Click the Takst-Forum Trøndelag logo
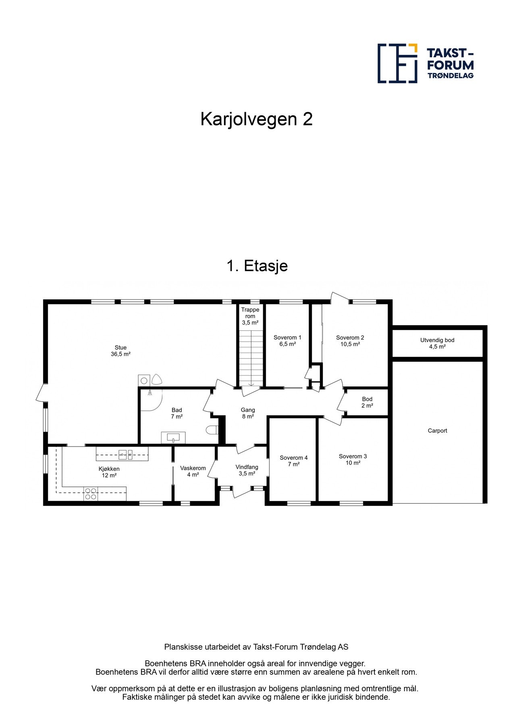coord(426,63)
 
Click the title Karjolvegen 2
coord(256,119)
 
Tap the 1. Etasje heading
coord(257,266)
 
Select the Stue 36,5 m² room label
coord(120,350)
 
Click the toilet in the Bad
coord(212,430)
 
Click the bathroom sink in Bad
coord(173,437)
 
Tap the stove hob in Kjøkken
coord(91,494)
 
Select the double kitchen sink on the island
coord(125,454)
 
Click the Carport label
coord(437,430)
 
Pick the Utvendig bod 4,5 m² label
coord(437,343)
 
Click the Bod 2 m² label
coord(367,402)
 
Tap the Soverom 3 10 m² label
coord(353,459)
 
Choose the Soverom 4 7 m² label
coord(293,461)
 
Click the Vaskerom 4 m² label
coord(193,471)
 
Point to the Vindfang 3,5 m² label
coord(247,470)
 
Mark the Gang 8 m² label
coord(247,413)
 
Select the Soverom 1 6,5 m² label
coord(287,340)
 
